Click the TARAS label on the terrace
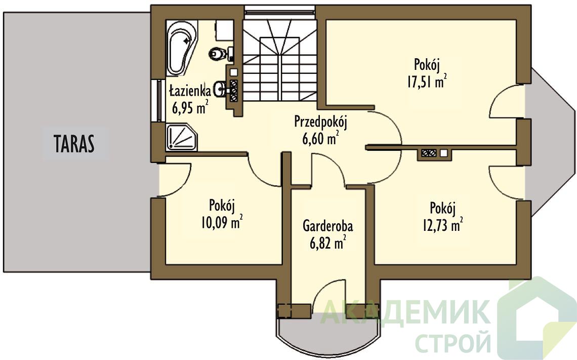[x=74, y=143]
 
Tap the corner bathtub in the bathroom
[x=181, y=48]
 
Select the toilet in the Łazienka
[x=219, y=54]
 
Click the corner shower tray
[x=181, y=138]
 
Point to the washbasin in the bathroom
[x=220, y=89]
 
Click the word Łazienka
[x=190, y=91]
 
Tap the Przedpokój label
[x=321, y=122]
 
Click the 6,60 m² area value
[x=320, y=139]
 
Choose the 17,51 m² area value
[x=427, y=82]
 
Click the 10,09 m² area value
[x=222, y=222]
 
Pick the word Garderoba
[x=328, y=226]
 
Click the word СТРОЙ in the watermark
[x=453, y=342]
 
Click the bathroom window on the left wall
[x=158, y=100]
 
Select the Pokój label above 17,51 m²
[x=427, y=65]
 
